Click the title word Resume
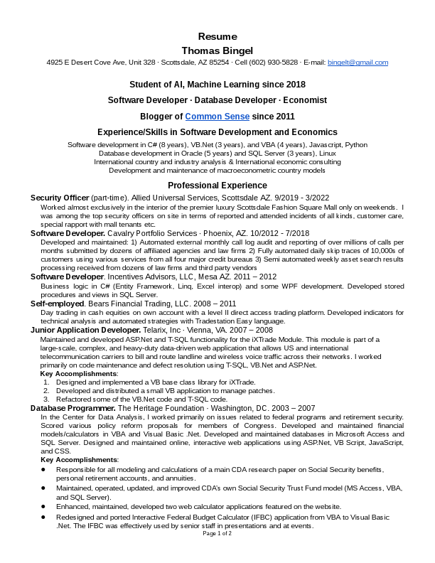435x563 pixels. click(217, 36)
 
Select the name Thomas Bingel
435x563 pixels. click(217, 50)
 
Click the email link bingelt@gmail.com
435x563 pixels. click(358, 63)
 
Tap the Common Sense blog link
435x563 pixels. click(217, 117)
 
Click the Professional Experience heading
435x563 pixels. click(217, 186)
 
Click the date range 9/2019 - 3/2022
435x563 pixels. click(306, 197)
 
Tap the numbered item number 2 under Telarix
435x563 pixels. click(46, 390)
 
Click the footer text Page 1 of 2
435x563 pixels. click(217, 533)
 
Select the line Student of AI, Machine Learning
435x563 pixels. click(217, 85)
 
